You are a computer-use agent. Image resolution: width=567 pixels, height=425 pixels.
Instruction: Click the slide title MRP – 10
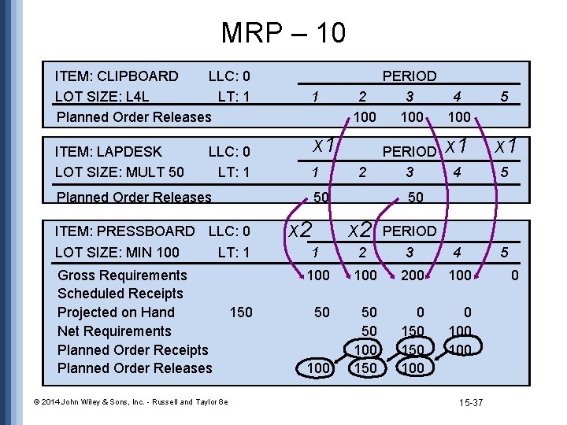(283, 33)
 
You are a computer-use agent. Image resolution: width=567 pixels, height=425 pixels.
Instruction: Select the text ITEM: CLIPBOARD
(117, 76)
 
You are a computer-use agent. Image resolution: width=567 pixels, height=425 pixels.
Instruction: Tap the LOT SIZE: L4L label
(102, 97)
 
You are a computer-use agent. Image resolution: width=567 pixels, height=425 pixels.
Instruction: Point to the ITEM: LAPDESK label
(108, 152)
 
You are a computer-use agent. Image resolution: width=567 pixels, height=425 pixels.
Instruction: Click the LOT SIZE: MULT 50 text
(119, 172)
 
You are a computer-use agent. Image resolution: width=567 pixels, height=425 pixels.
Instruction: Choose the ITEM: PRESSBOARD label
(124, 231)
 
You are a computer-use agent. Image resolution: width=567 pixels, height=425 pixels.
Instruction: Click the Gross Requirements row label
(122, 275)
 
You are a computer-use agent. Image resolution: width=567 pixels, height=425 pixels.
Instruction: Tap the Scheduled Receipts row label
(120, 294)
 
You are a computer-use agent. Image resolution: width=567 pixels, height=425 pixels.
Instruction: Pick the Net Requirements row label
(114, 331)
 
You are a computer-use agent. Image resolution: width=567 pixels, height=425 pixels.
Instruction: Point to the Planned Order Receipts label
(132, 350)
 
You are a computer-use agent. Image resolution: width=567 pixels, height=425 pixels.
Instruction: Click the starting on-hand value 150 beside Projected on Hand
(241, 312)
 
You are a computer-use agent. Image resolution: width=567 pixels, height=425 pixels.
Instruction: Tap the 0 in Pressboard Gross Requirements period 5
(514, 275)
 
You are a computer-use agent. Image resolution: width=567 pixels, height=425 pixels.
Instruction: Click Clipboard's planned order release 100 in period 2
(364, 117)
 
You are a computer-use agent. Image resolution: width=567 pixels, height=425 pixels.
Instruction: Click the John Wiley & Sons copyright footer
(120, 402)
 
